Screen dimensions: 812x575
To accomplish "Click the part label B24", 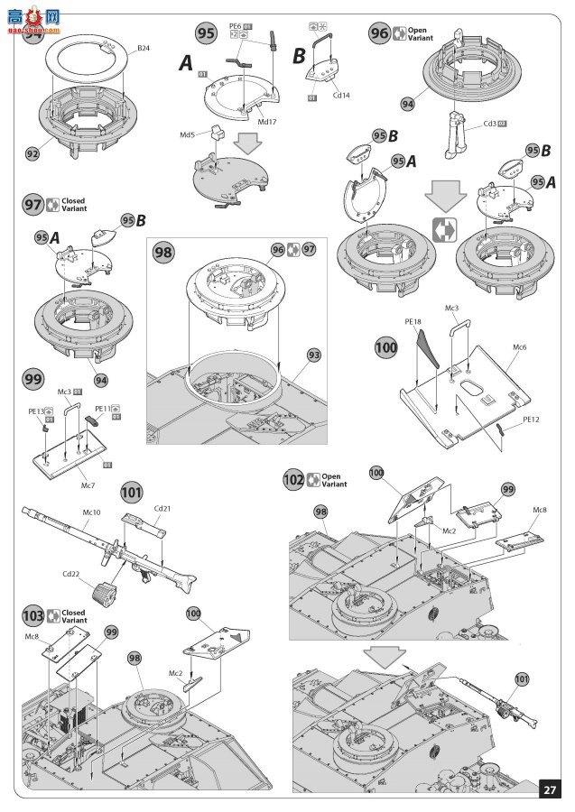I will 144,48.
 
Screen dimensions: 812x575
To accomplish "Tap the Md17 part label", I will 267,121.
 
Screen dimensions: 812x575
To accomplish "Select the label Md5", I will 188,135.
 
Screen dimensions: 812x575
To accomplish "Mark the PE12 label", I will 531,420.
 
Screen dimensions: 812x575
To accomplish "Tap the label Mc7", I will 88,486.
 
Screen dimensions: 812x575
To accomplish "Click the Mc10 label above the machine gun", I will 91,512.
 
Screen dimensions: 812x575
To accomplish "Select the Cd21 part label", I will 162,509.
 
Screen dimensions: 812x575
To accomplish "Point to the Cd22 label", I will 72,573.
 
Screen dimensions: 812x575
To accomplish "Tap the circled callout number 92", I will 32,153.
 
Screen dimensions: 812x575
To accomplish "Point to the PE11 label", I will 102,408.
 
